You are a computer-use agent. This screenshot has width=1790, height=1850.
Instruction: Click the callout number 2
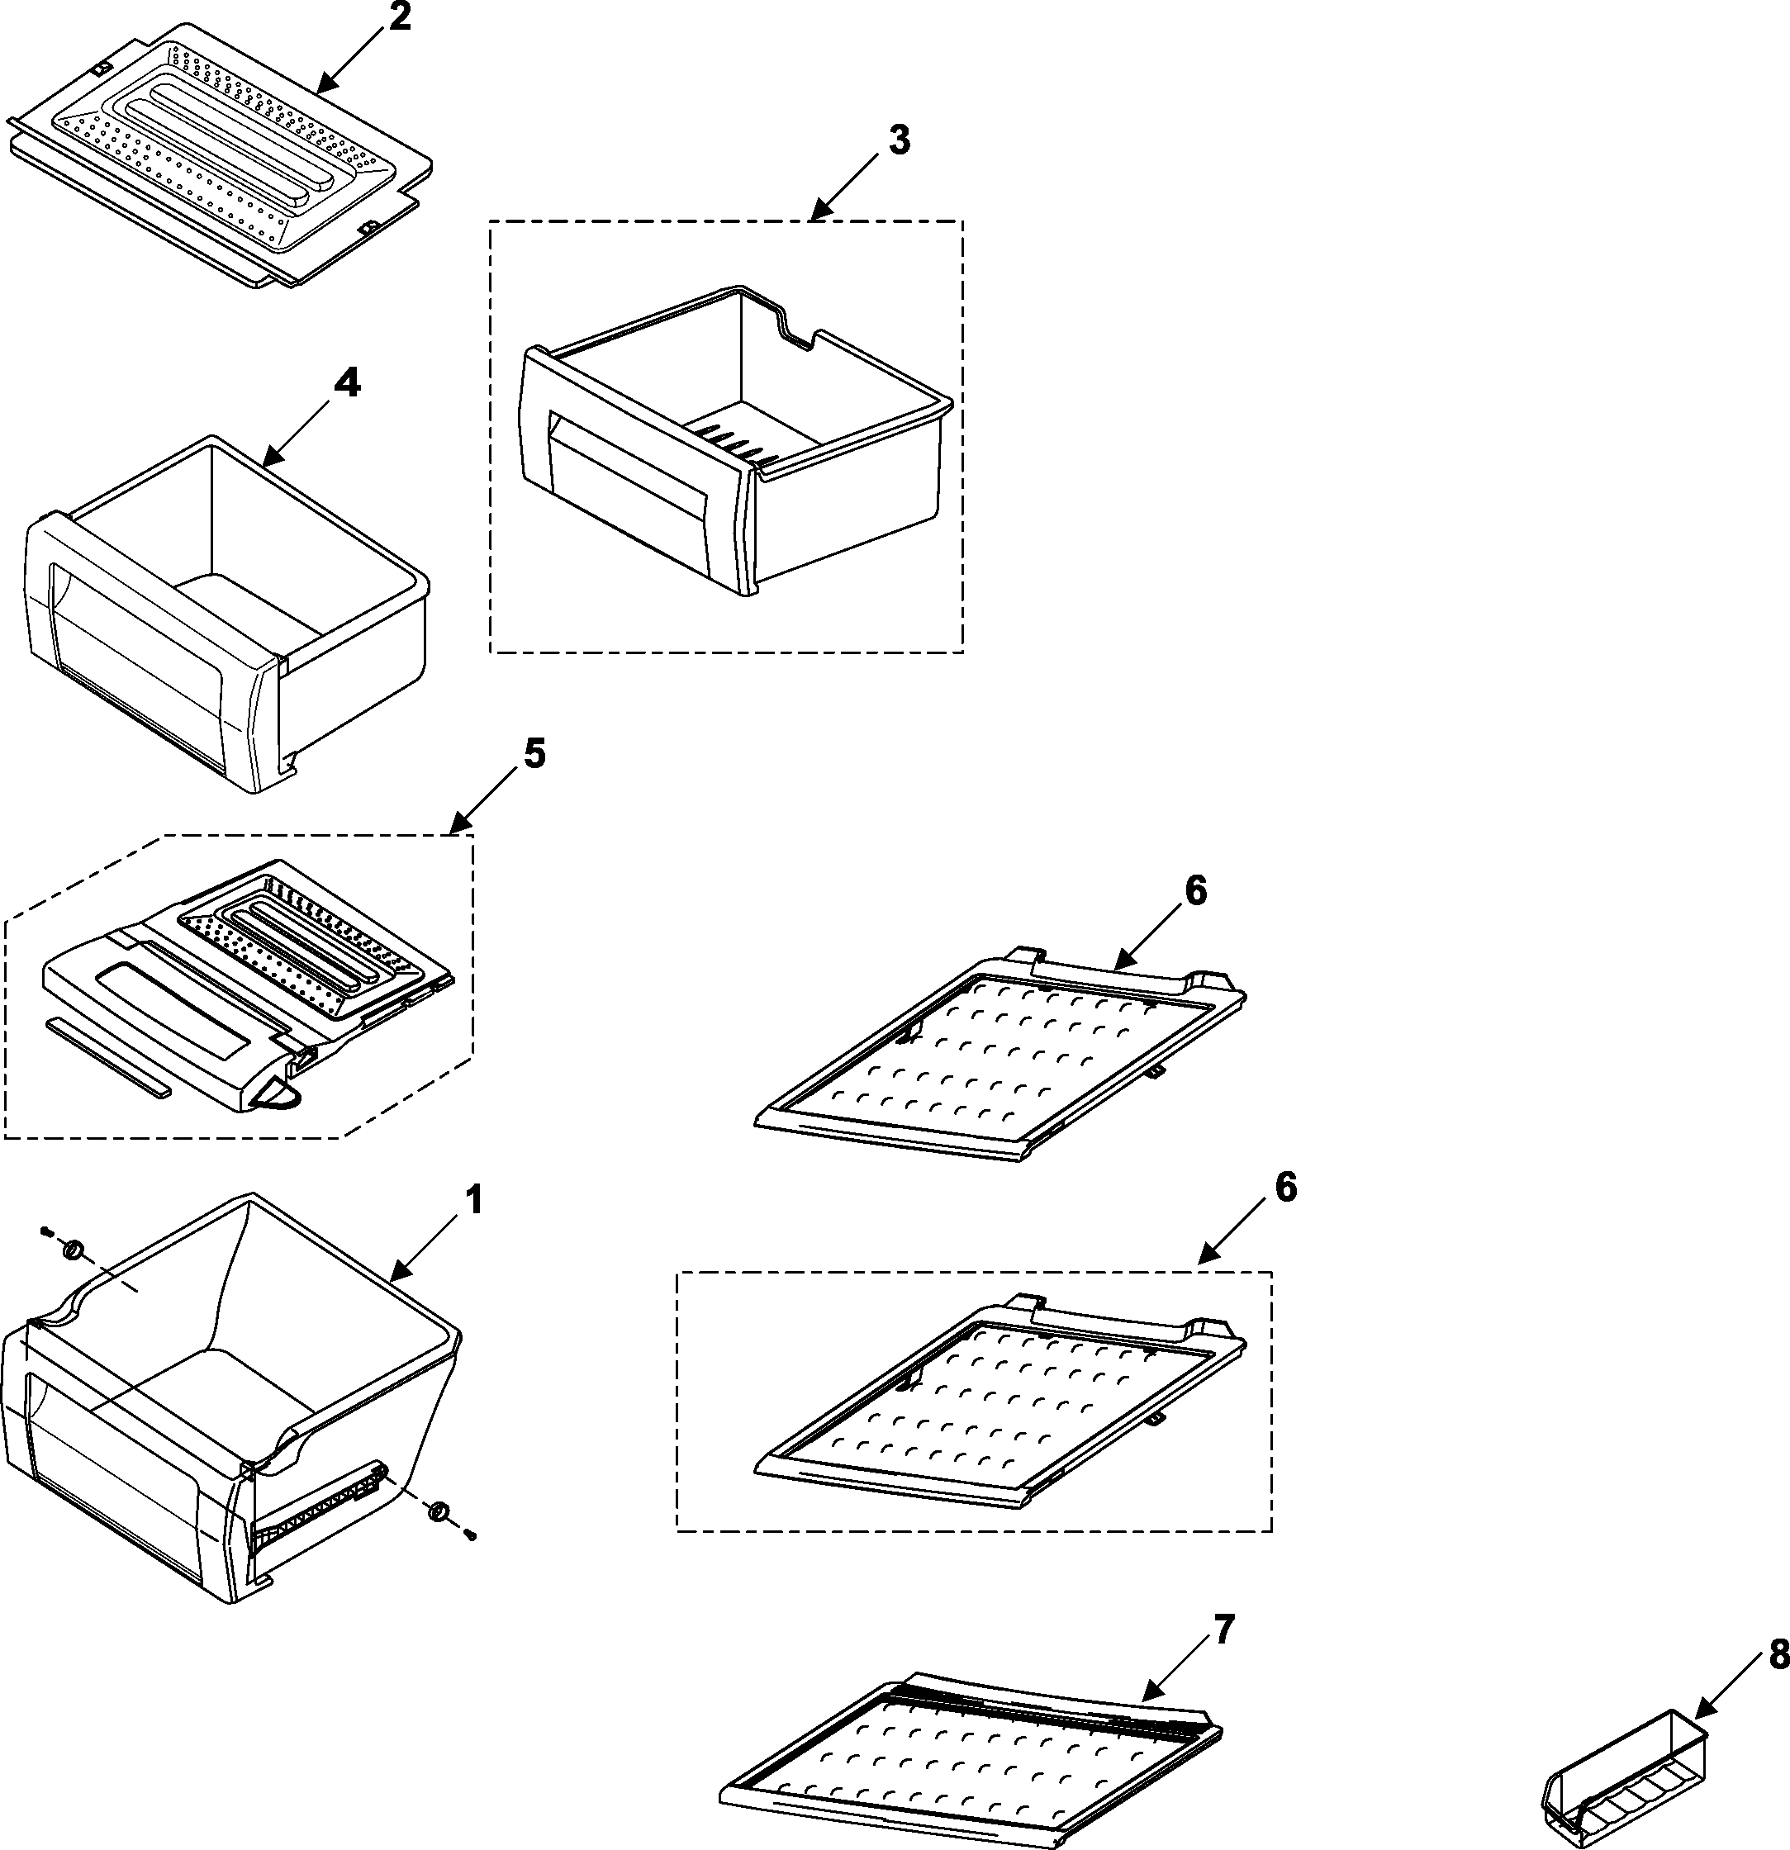[x=401, y=17]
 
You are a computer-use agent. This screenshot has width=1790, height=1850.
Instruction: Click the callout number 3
[x=899, y=140]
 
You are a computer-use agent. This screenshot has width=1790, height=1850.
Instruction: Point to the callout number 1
[x=474, y=1202]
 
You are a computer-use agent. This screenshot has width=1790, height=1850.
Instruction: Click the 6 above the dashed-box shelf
[x=1286, y=1188]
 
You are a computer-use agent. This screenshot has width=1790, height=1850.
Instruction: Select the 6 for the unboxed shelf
[x=1195, y=891]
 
